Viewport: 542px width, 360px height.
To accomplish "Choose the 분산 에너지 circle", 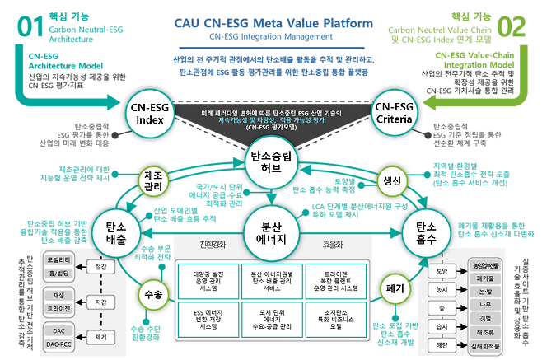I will (x=272, y=231).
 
